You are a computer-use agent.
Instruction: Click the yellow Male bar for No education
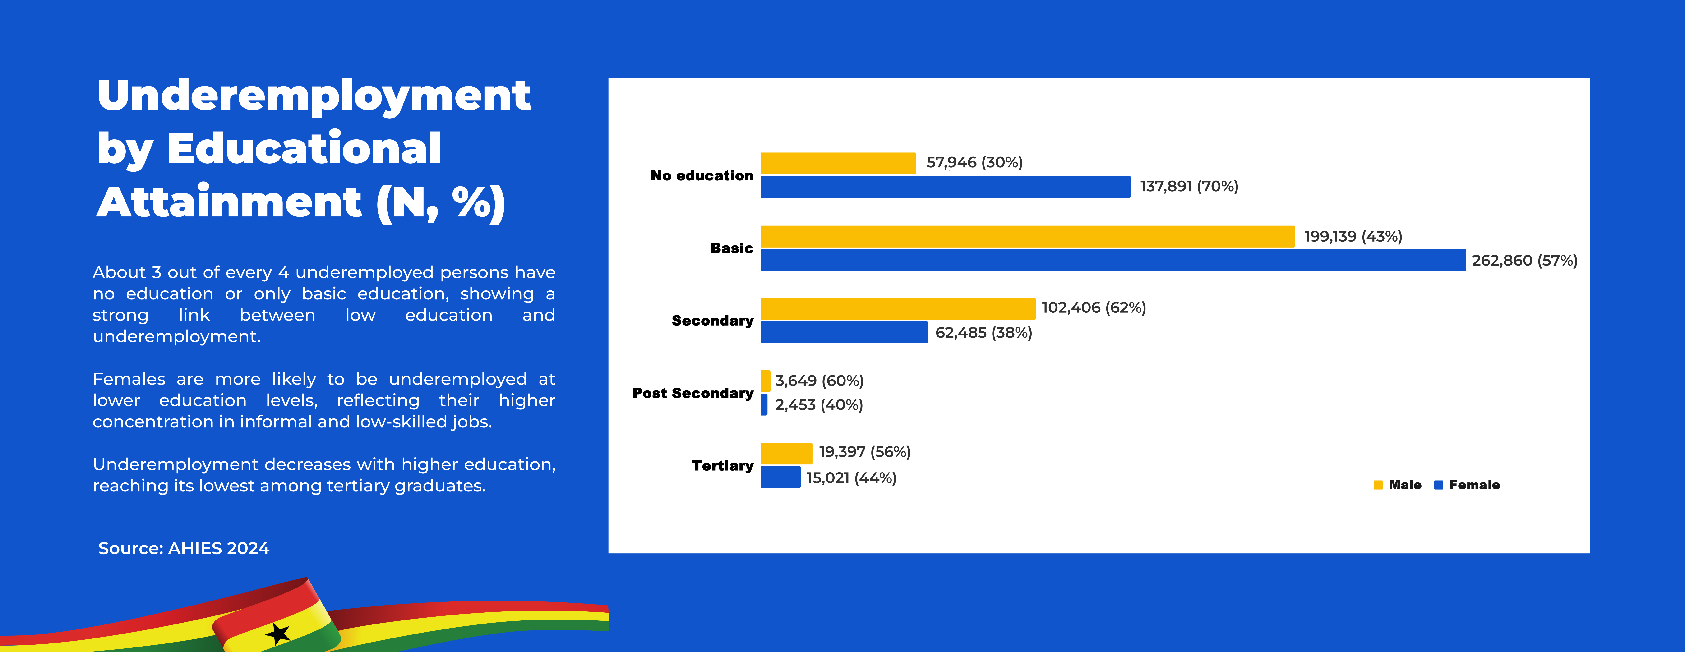pos(838,164)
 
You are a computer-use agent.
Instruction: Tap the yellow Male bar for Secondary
pos(897,309)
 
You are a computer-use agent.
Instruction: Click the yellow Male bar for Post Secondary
pos(765,381)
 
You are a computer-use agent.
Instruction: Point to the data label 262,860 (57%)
pos(1524,260)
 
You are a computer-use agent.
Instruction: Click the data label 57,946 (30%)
pos(974,162)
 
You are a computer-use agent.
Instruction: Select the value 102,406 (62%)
pos(1094,307)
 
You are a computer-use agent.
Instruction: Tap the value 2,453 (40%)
pos(819,405)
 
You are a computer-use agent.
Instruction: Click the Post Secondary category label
pos(693,393)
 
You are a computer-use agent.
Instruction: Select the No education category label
pos(702,175)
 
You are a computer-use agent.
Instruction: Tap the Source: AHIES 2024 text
pos(184,548)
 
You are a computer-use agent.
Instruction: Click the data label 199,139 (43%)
pos(1353,236)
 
